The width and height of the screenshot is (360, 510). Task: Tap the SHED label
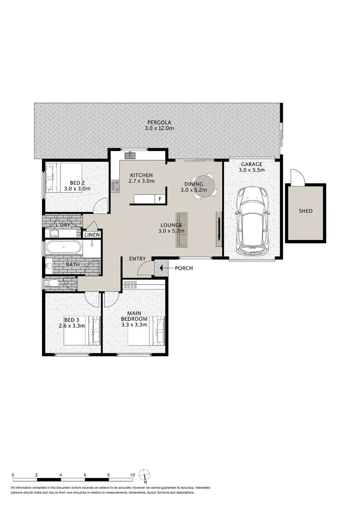click(305, 211)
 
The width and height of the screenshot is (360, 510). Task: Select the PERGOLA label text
click(158, 122)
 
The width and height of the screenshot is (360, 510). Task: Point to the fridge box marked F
click(160, 199)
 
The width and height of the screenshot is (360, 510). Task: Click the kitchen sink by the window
click(130, 155)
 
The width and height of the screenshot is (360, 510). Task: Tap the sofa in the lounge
click(182, 230)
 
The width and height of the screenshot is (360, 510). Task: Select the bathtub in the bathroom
click(63, 248)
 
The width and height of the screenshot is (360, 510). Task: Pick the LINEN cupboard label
click(92, 235)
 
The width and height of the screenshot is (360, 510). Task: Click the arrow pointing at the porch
click(161, 268)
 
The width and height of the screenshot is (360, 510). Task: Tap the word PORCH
click(184, 268)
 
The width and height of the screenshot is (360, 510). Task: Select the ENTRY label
click(137, 258)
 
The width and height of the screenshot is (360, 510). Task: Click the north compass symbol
click(146, 474)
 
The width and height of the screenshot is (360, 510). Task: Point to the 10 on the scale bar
click(133, 475)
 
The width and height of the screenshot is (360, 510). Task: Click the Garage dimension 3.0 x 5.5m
click(251, 170)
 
